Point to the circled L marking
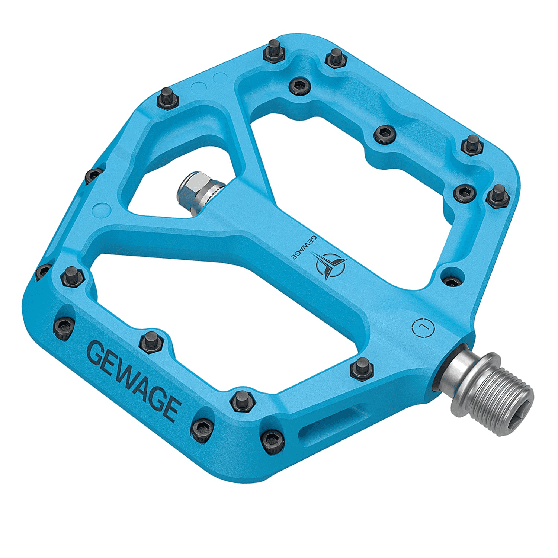(x=424, y=327)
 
